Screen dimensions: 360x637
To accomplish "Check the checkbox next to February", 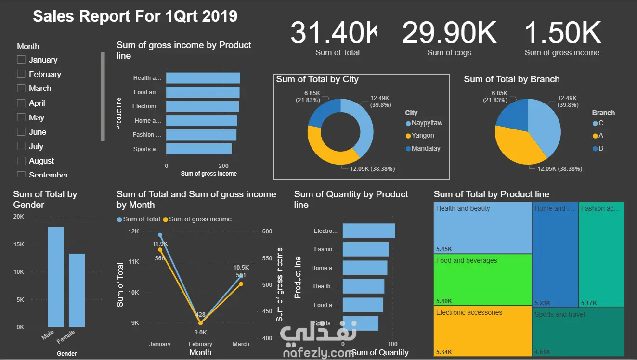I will (21, 74).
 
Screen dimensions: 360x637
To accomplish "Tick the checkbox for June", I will (21, 132).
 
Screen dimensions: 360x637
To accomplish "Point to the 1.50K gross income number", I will (562, 33).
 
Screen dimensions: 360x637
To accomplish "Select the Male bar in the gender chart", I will (55, 277).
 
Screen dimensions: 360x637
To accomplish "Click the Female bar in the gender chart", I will (77, 290).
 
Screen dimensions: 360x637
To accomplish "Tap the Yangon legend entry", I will (422, 136).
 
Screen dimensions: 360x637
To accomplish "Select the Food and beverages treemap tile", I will (482, 279).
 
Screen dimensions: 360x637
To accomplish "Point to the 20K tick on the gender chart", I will (19, 217).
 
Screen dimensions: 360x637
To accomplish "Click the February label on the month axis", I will (200, 344).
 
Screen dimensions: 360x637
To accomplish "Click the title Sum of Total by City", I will (317, 79).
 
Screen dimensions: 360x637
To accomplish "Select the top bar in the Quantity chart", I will (369, 231).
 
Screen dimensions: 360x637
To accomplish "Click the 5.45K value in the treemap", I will (444, 249).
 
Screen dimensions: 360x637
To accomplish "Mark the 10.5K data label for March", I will (241, 268).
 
